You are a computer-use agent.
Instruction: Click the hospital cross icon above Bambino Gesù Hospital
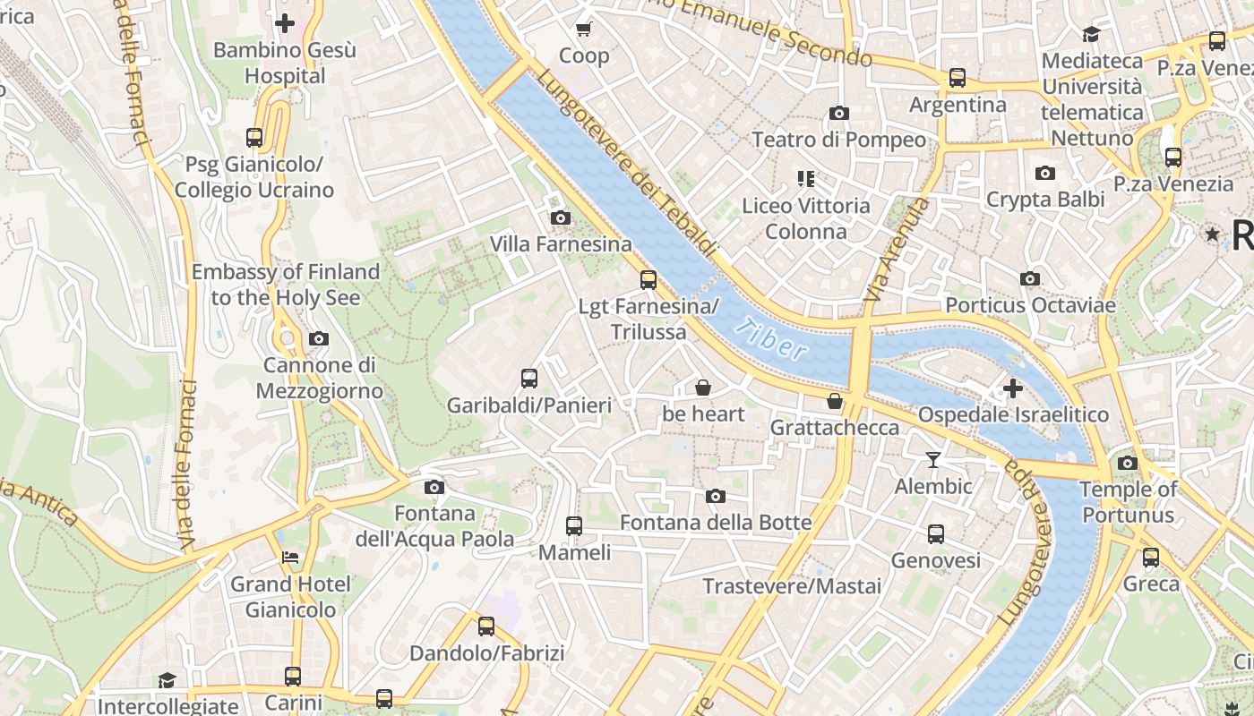click(x=285, y=23)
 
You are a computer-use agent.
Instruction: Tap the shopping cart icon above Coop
click(x=584, y=30)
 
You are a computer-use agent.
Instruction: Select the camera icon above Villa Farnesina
click(x=560, y=217)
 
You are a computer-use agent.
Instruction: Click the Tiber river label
click(x=770, y=341)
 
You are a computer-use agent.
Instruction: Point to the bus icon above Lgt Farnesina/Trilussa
click(x=648, y=280)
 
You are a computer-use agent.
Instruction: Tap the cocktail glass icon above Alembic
click(x=933, y=460)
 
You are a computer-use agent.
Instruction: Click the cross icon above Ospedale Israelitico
click(x=1013, y=388)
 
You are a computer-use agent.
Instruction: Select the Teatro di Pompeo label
click(x=838, y=140)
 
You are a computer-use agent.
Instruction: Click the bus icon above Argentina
click(x=958, y=78)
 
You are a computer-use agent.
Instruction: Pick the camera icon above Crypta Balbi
click(x=1044, y=174)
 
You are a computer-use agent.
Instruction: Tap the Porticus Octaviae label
click(x=1030, y=305)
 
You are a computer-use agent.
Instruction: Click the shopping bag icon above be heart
click(x=703, y=388)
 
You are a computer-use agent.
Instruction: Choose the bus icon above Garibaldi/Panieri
click(x=529, y=379)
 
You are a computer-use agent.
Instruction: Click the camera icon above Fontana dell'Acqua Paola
click(x=434, y=487)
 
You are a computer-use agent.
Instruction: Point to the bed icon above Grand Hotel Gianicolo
click(x=290, y=558)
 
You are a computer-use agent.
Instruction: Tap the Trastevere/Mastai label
click(x=792, y=586)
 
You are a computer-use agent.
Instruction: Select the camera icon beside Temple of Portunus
click(x=1128, y=463)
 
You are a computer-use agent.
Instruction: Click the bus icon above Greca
click(x=1151, y=558)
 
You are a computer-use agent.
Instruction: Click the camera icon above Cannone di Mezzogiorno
click(x=318, y=339)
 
